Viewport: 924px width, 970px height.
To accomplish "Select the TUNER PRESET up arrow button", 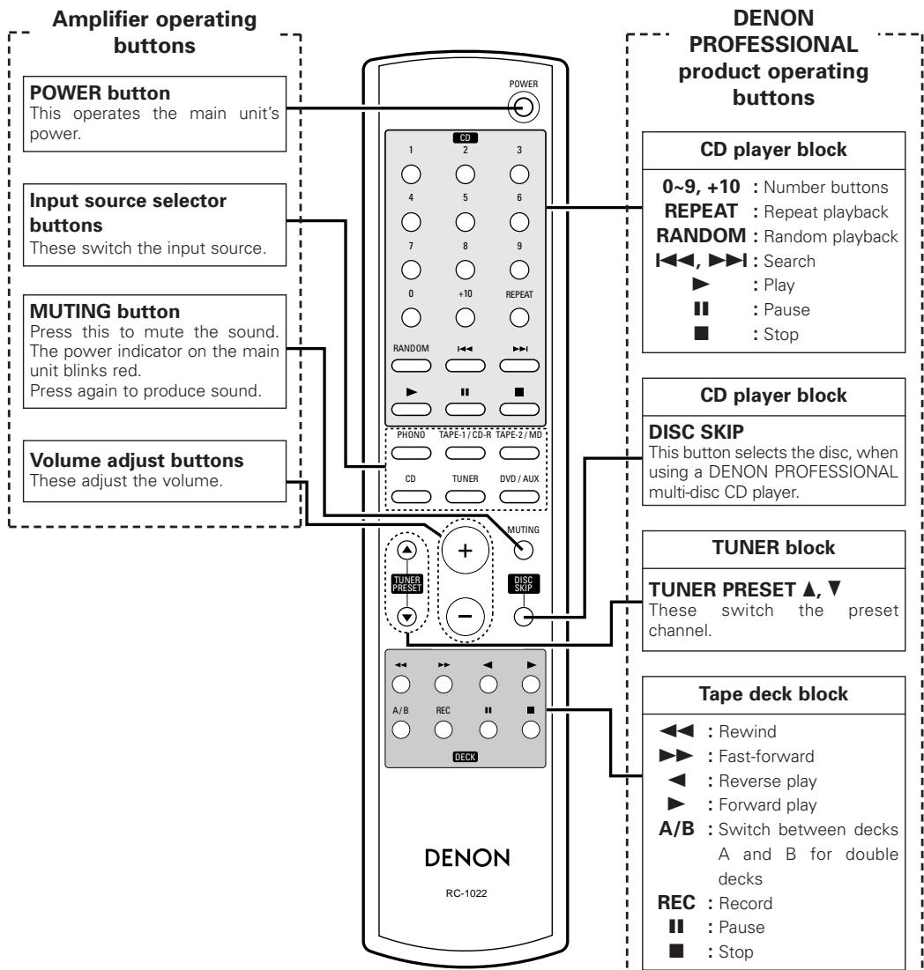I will [x=405, y=549].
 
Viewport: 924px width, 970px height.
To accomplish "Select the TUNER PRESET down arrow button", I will [x=405, y=617].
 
